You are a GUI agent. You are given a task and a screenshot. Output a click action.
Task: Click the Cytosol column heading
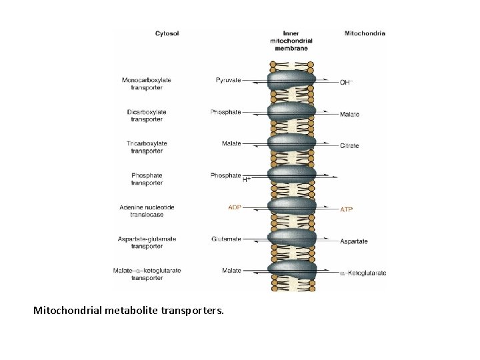point(167,33)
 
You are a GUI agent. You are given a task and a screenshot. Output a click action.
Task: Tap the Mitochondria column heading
point(365,33)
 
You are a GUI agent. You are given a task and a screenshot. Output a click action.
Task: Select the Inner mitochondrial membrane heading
point(291,41)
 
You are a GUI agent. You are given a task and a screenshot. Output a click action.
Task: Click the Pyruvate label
point(229,80)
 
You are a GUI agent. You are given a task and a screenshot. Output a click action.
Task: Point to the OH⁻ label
point(346,82)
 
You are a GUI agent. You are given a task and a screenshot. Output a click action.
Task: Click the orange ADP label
point(235,207)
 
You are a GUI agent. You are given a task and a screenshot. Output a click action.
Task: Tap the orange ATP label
point(346,209)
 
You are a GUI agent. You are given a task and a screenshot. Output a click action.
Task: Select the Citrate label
point(349,146)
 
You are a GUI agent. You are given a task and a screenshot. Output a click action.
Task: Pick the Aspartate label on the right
point(353,241)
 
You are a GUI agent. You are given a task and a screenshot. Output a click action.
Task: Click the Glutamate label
point(226,239)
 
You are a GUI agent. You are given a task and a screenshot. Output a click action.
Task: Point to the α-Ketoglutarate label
point(363,273)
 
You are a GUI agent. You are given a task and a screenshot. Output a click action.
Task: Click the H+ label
point(247,179)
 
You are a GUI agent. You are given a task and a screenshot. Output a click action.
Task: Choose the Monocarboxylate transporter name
point(147,84)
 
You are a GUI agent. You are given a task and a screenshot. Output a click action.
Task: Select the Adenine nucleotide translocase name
point(147,211)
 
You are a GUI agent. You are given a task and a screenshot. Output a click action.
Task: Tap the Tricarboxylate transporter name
point(147,147)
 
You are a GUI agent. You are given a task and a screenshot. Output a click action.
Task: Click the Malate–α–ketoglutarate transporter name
point(147,274)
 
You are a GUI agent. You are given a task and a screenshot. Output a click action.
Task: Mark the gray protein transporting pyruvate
point(291,79)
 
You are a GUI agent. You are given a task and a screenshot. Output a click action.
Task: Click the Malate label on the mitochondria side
point(349,114)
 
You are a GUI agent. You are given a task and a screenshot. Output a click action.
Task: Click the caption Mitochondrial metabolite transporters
point(129,311)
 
